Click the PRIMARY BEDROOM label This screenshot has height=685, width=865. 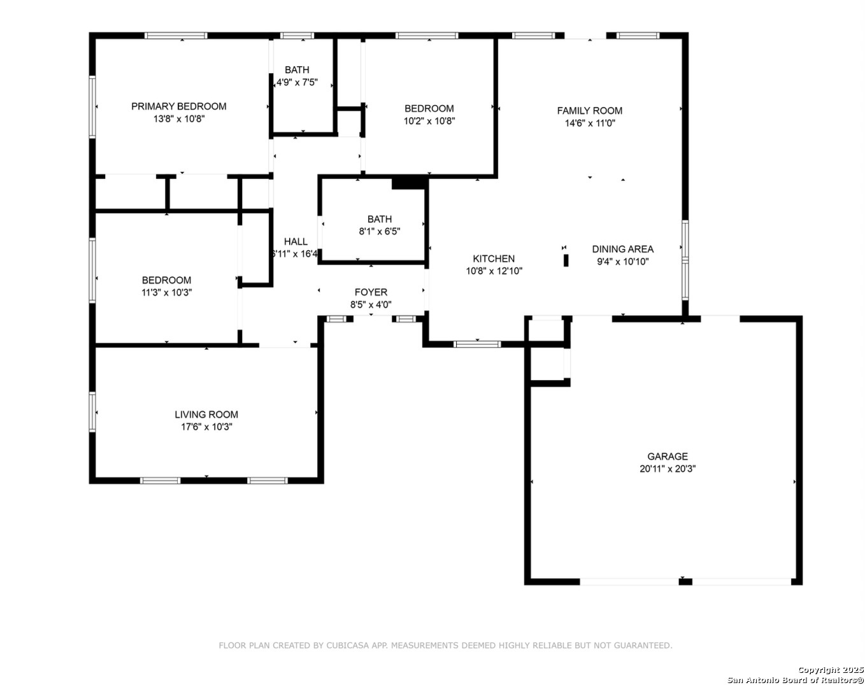click(179, 106)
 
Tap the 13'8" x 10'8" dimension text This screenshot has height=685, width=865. click(179, 119)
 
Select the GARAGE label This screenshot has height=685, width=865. click(668, 456)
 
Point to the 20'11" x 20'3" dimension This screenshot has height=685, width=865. click(668, 469)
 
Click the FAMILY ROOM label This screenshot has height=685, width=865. click(590, 111)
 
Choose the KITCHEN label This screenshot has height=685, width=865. click(494, 258)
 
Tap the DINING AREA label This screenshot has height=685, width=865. click(622, 249)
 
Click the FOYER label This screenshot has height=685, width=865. click(371, 292)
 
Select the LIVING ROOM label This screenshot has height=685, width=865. click(206, 414)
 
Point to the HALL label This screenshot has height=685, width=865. click(296, 241)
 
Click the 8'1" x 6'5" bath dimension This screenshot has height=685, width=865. click(380, 232)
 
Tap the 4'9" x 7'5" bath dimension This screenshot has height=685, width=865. click(297, 82)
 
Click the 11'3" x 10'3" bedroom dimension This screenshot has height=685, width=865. click(166, 292)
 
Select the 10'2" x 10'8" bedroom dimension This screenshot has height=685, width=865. click(429, 121)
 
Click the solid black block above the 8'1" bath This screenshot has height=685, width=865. click(409, 183)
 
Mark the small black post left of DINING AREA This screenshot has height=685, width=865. click(566, 260)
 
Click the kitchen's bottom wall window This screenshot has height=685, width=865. click(477, 344)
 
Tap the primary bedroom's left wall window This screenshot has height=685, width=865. click(92, 107)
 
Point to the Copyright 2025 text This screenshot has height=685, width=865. click(831, 670)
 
